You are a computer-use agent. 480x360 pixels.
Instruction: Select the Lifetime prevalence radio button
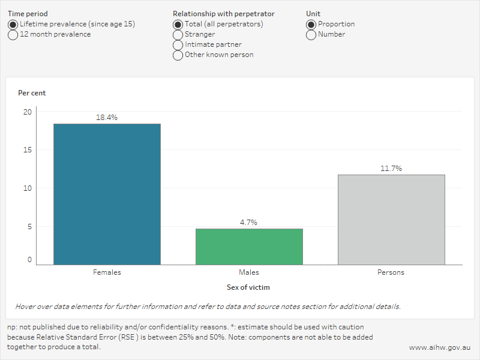click(13, 25)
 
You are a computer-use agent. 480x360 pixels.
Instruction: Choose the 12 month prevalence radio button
click(13, 35)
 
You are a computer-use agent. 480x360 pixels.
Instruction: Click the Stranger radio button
click(178, 35)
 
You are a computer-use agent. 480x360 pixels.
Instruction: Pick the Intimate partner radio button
click(178, 45)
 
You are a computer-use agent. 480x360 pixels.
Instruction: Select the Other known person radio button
click(178, 55)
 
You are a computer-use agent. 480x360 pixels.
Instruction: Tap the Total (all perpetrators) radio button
click(178, 25)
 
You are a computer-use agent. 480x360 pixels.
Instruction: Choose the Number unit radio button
click(311, 35)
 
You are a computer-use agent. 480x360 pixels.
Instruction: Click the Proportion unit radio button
click(311, 25)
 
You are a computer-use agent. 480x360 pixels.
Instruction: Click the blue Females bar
click(107, 194)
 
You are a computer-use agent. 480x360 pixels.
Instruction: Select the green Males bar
click(249, 247)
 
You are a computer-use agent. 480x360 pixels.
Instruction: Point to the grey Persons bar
click(391, 220)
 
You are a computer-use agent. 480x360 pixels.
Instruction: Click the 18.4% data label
click(107, 118)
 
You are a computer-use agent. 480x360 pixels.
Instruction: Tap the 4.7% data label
click(249, 223)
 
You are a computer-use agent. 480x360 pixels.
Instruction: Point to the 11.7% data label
click(391, 169)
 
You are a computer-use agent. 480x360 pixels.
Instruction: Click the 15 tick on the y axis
click(28, 150)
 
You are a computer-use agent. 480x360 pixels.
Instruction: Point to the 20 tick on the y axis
click(28, 112)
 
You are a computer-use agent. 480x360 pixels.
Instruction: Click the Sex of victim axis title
click(248, 288)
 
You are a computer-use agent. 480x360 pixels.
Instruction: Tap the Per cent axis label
click(32, 93)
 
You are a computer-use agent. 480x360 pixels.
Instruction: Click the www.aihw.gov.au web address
click(439, 347)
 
